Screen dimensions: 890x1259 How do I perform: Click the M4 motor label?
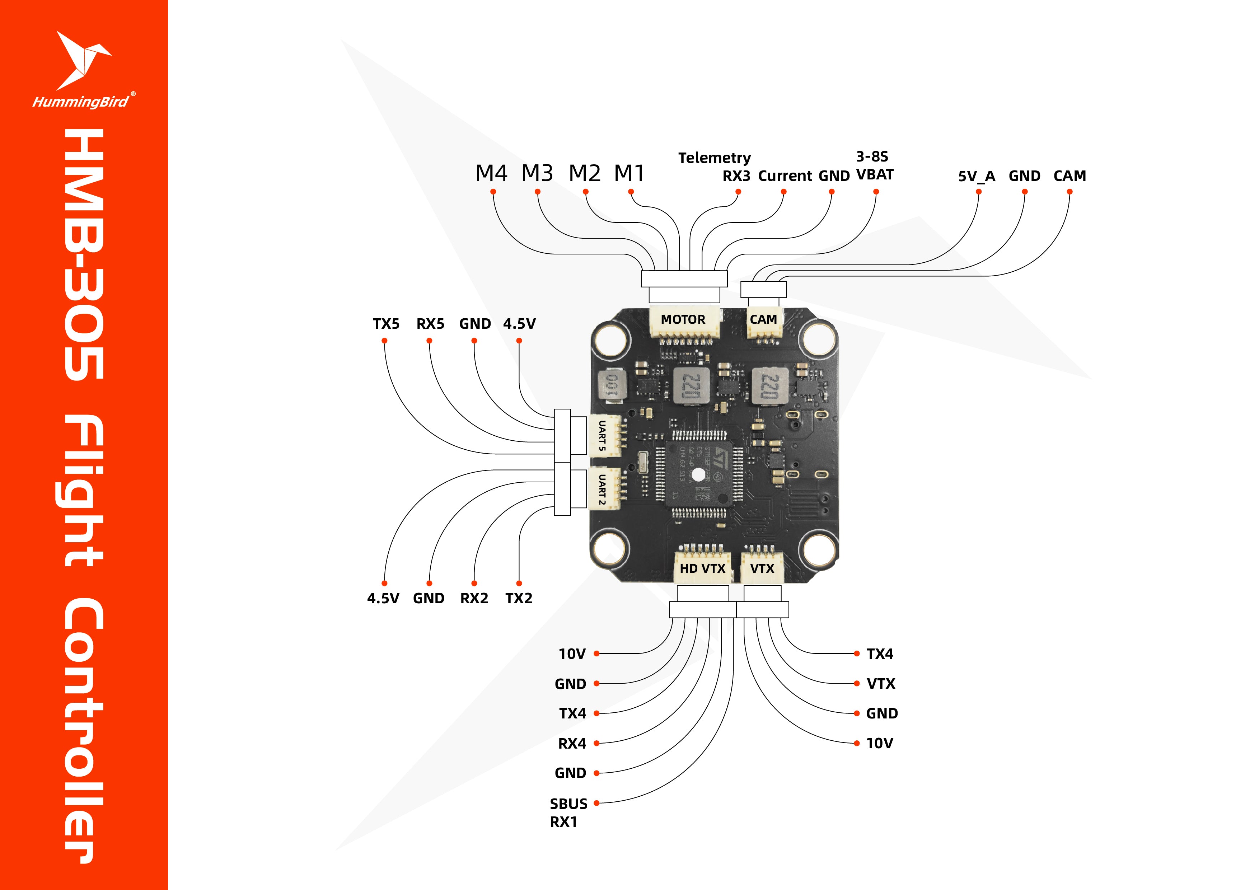click(x=491, y=173)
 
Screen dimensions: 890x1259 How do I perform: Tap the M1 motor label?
click(x=629, y=173)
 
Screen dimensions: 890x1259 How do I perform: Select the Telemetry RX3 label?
click(x=715, y=167)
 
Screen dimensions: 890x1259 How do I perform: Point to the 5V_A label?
click(x=976, y=176)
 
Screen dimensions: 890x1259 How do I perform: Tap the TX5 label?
click(x=386, y=324)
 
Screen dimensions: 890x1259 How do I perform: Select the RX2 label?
click(x=474, y=598)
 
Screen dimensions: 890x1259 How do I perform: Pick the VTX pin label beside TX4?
click(x=881, y=684)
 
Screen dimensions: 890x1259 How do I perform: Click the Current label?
click(x=785, y=176)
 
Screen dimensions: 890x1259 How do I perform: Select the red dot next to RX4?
click(x=596, y=744)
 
